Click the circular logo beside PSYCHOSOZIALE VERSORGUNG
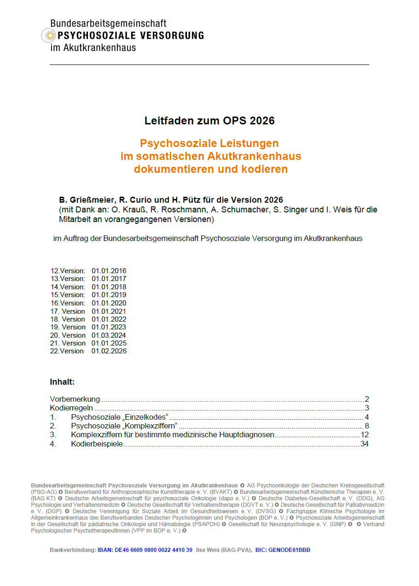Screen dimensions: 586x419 click(x=48, y=35)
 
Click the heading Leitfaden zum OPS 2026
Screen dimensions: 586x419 click(x=209, y=121)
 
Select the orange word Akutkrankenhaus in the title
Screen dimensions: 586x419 click(x=254, y=156)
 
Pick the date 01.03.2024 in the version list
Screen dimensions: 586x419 click(x=109, y=335)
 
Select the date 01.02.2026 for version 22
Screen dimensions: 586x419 click(x=109, y=351)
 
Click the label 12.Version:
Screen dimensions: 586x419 click(x=68, y=271)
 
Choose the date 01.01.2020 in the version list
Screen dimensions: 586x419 click(x=109, y=303)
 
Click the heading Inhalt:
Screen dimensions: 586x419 click(x=62, y=382)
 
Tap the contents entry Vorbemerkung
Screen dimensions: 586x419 click(x=75, y=399)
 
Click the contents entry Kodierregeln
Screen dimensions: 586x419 click(x=71, y=408)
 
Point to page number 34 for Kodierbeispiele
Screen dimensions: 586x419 click(x=365, y=444)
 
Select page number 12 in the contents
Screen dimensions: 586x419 click(x=365, y=434)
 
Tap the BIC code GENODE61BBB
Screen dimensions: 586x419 click(x=290, y=550)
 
